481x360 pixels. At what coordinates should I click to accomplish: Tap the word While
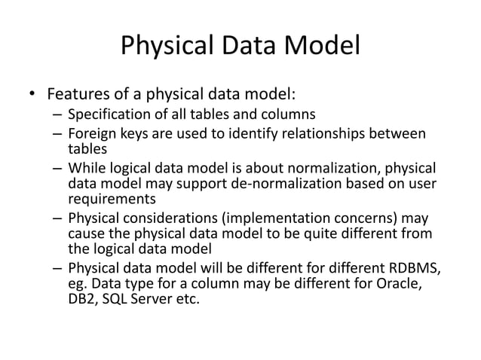pos(86,167)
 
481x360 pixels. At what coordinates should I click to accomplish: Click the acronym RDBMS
pos(414,269)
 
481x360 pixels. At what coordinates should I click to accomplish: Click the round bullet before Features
pos(32,96)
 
